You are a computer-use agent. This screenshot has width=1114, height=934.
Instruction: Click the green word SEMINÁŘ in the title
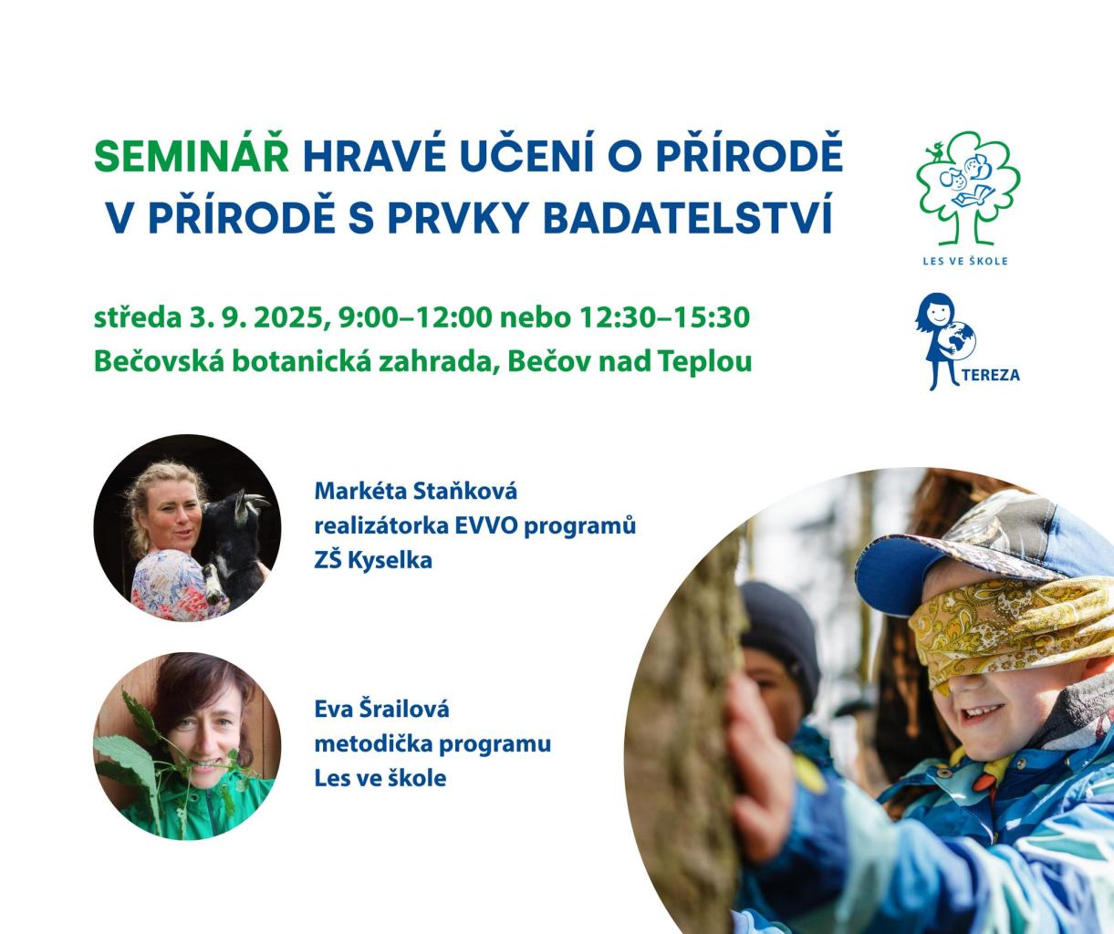pos(192,155)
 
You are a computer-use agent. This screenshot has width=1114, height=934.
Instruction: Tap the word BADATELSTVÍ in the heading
pos(688,217)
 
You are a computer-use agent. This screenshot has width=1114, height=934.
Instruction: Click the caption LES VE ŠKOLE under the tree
pos(965,261)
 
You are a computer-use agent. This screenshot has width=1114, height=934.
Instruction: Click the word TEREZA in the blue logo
pos(992,375)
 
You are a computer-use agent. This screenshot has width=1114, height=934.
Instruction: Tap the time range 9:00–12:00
pos(414,317)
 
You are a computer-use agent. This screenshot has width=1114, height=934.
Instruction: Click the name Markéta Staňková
pos(416,491)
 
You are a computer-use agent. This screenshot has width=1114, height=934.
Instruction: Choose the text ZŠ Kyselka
pos(373,561)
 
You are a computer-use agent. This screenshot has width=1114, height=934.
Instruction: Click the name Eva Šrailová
pos(381,710)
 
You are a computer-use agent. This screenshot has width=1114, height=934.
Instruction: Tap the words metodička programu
pos(432,744)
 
